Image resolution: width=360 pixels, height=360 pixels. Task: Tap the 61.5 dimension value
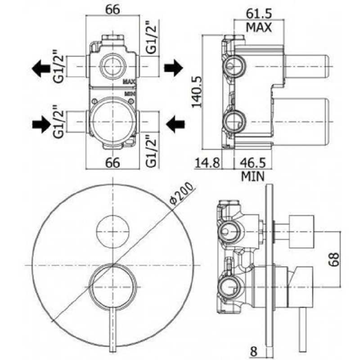tap(259, 14)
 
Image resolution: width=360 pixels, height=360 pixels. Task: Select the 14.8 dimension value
tap(207, 163)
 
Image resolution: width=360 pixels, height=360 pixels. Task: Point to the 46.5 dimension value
tap(252, 163)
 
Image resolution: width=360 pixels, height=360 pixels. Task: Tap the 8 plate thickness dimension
tap(253, 351)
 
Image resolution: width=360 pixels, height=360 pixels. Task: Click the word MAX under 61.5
tap(259, 27)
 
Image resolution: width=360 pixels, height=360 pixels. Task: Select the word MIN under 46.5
tap(253, 176)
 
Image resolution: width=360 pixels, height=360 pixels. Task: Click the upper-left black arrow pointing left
tap(41, 68)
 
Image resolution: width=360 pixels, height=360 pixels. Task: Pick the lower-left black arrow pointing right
tap(41, 124)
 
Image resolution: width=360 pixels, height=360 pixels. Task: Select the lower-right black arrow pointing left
tap(175, 124)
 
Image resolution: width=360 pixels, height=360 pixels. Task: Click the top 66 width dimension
tap(112, 10)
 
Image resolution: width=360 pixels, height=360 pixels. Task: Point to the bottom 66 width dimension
tap(112, 163)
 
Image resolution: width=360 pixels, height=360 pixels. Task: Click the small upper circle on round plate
tap(112, 232)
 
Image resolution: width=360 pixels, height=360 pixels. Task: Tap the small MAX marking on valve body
tap(130, 81)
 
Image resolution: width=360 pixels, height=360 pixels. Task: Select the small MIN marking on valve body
tap(130, 94)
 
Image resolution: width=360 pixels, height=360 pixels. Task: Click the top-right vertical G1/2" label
tap(151, 37)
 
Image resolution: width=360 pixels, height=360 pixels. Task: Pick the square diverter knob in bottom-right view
tap(301, 232)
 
